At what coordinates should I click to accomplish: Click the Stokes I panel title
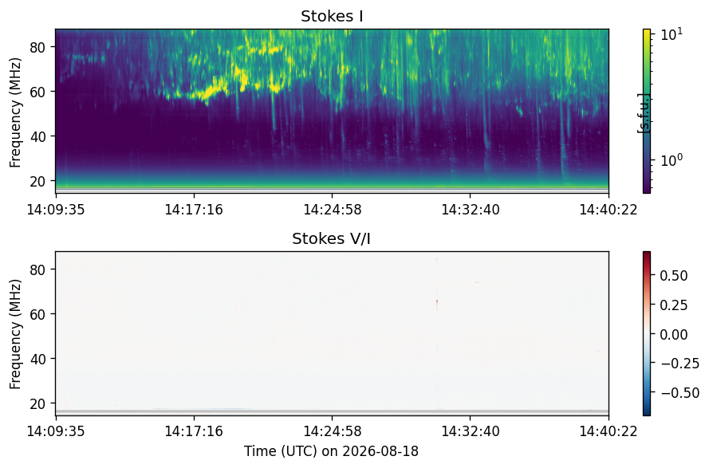[332, 16]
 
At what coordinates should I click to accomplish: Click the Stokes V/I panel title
[332, 238]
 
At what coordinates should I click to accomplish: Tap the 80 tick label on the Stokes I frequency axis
[38, 47]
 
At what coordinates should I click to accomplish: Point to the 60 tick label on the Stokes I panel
[38, 92]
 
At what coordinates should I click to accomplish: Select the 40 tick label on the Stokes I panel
[38, 136]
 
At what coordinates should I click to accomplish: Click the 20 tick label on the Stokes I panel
[38, 181]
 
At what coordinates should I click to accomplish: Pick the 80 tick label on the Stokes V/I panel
[38, 269]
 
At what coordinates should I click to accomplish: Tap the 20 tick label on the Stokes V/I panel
[38, 403]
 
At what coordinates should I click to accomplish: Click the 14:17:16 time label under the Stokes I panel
[194, 210]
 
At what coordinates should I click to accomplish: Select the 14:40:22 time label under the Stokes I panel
[609, 210]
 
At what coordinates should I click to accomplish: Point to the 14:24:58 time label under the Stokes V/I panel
[333, 431]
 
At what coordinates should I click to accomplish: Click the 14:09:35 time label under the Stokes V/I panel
[56, 431]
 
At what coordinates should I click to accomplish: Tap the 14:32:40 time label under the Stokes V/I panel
[471, 431]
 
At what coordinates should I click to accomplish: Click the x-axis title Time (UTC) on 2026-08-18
[332, 451]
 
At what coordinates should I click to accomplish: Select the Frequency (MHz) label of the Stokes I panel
[15, 112]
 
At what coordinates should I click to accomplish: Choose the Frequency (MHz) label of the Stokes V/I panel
[15, 334]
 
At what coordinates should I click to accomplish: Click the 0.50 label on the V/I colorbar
[674, 276]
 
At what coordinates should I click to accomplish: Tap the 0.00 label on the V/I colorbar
[674, 335]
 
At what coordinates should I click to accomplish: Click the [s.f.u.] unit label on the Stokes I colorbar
[643, 113]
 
